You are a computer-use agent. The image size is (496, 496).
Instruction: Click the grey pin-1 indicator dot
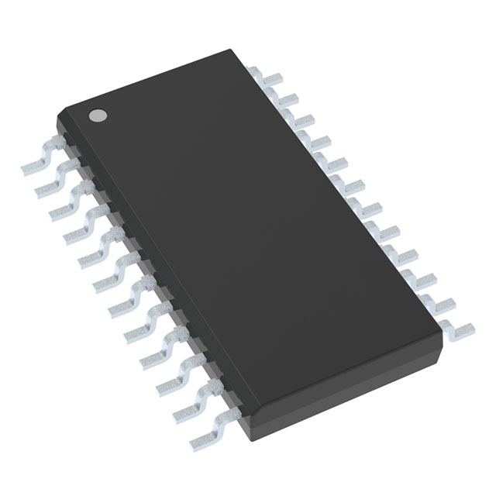tap(98, 115)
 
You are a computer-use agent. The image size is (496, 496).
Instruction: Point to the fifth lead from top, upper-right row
tap(337, 164)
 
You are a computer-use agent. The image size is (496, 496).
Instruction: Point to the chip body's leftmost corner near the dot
tap(57, 118)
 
